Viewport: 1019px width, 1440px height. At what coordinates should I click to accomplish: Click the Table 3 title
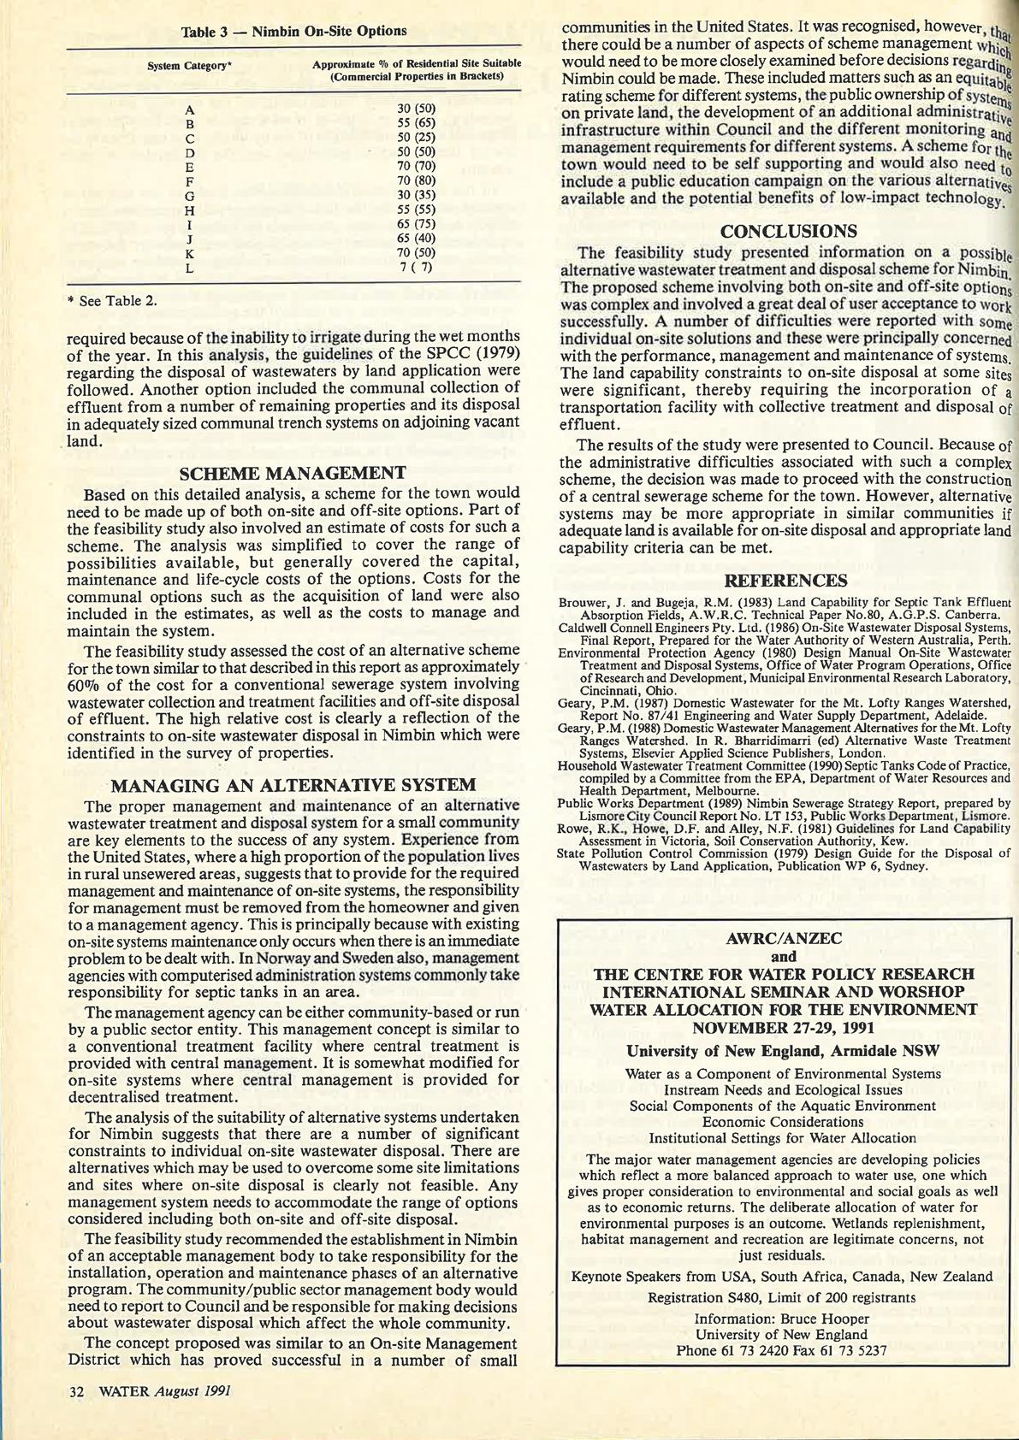tap(293, 32)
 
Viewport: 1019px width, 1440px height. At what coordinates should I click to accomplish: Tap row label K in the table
tap(190, 254)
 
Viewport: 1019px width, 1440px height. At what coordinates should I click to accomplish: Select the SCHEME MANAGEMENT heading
tap(293, 474)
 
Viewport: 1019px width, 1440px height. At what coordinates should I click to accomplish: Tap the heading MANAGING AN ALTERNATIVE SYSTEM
tap(293, 785)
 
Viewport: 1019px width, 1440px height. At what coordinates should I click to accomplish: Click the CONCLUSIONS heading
tap(789, 231)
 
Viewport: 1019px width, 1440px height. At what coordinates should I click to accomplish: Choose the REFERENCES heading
tap(785, 581)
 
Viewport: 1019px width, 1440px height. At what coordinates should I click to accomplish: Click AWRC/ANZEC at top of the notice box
tap(784, 938)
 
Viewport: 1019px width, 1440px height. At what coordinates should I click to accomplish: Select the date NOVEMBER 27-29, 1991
tap(784, 1027)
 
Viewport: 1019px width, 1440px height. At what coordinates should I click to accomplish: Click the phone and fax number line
tap(781, 1351)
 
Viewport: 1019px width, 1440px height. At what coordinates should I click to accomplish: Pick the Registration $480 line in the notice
tap(781, 1297)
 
